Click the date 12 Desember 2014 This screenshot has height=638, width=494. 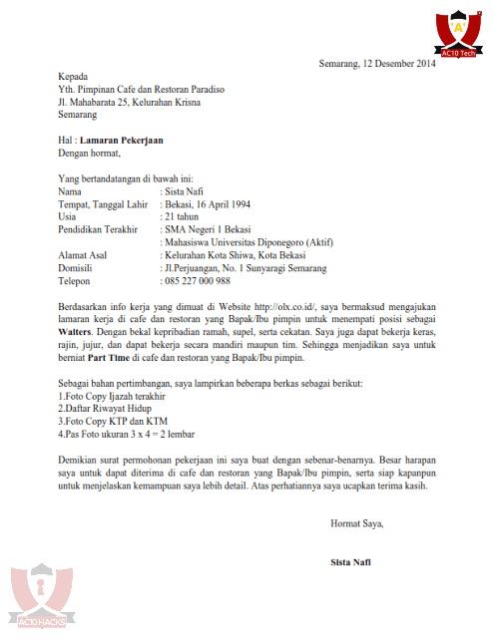point(399,65)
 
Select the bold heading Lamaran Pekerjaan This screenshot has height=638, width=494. point(121,141)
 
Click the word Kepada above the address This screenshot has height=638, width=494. point(73,77)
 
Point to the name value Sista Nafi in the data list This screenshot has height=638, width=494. point(188,190)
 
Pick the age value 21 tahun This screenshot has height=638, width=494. point(183,216)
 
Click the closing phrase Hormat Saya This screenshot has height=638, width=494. point(356,522)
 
